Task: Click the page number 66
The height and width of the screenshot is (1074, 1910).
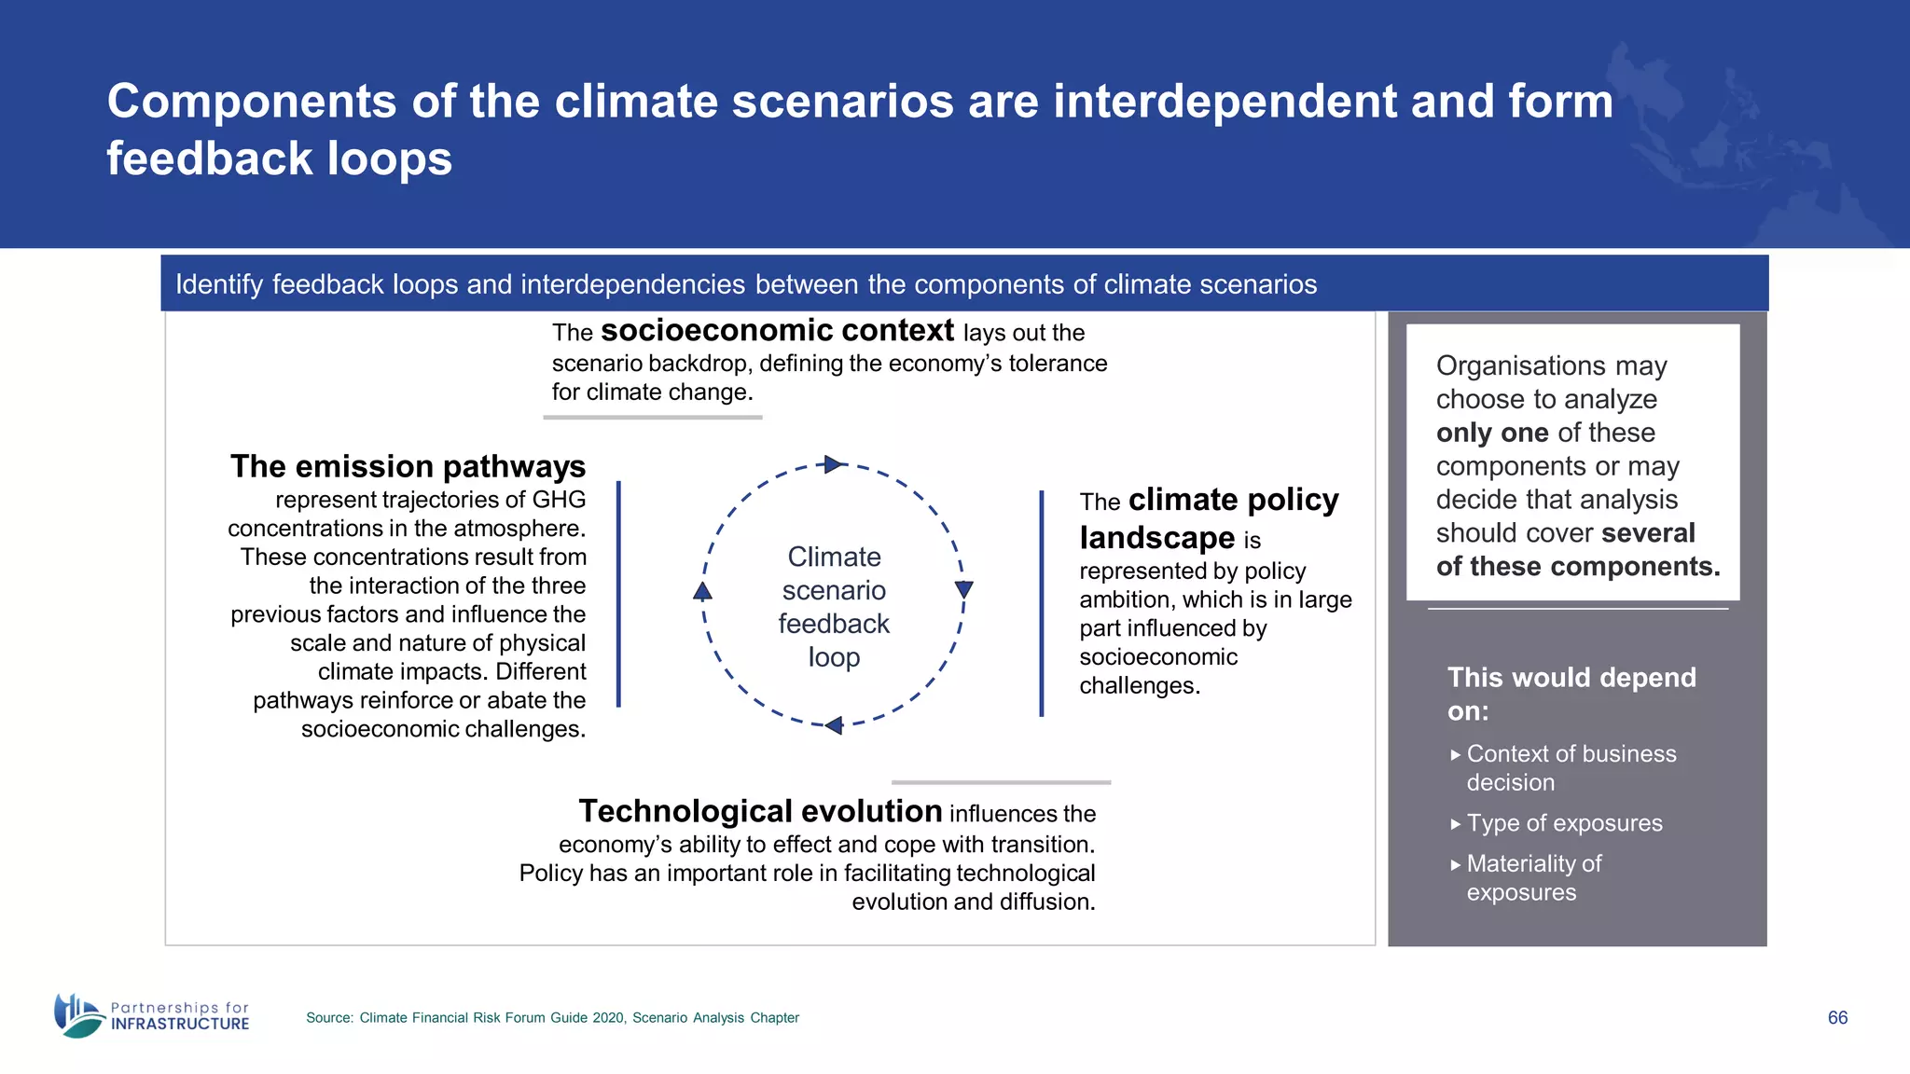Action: click(x=1836, y=1017)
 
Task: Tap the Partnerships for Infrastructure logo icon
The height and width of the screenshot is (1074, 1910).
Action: click(x=78, y=1015)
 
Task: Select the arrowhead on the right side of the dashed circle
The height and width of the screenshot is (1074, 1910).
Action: click(x=964, y=589)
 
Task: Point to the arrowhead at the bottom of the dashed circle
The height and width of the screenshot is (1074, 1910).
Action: click(x=834, y=724)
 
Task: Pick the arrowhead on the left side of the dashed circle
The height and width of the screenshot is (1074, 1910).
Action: click(x=703, y=591)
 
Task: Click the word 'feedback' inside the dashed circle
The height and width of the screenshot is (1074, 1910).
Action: click(x=834, y=624)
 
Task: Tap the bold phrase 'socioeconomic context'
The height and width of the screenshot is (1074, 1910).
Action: click(x=777, y=331)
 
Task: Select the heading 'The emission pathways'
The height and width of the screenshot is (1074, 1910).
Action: click(x=408, y=466)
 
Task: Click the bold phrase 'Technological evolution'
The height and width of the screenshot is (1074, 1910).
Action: click(x=760, y=811)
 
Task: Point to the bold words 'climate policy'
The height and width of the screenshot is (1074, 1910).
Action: click(x=1233, y=500)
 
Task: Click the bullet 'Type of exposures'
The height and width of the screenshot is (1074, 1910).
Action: click(x=1564, y=823)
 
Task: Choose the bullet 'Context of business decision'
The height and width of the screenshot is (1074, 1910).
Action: click(x=1571, y=767)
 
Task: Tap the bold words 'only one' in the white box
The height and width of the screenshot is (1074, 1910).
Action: click(x=1492, y=433)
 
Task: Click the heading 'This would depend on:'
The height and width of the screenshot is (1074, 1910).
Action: click(x=1571, y=694)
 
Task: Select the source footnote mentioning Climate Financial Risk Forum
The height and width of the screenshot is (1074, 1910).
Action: click(x=552, y=1018)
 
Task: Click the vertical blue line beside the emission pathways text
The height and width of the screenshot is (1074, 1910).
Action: click(x=618, y=594)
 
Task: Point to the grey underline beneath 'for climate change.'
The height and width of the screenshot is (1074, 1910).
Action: click(x=652, y=418)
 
